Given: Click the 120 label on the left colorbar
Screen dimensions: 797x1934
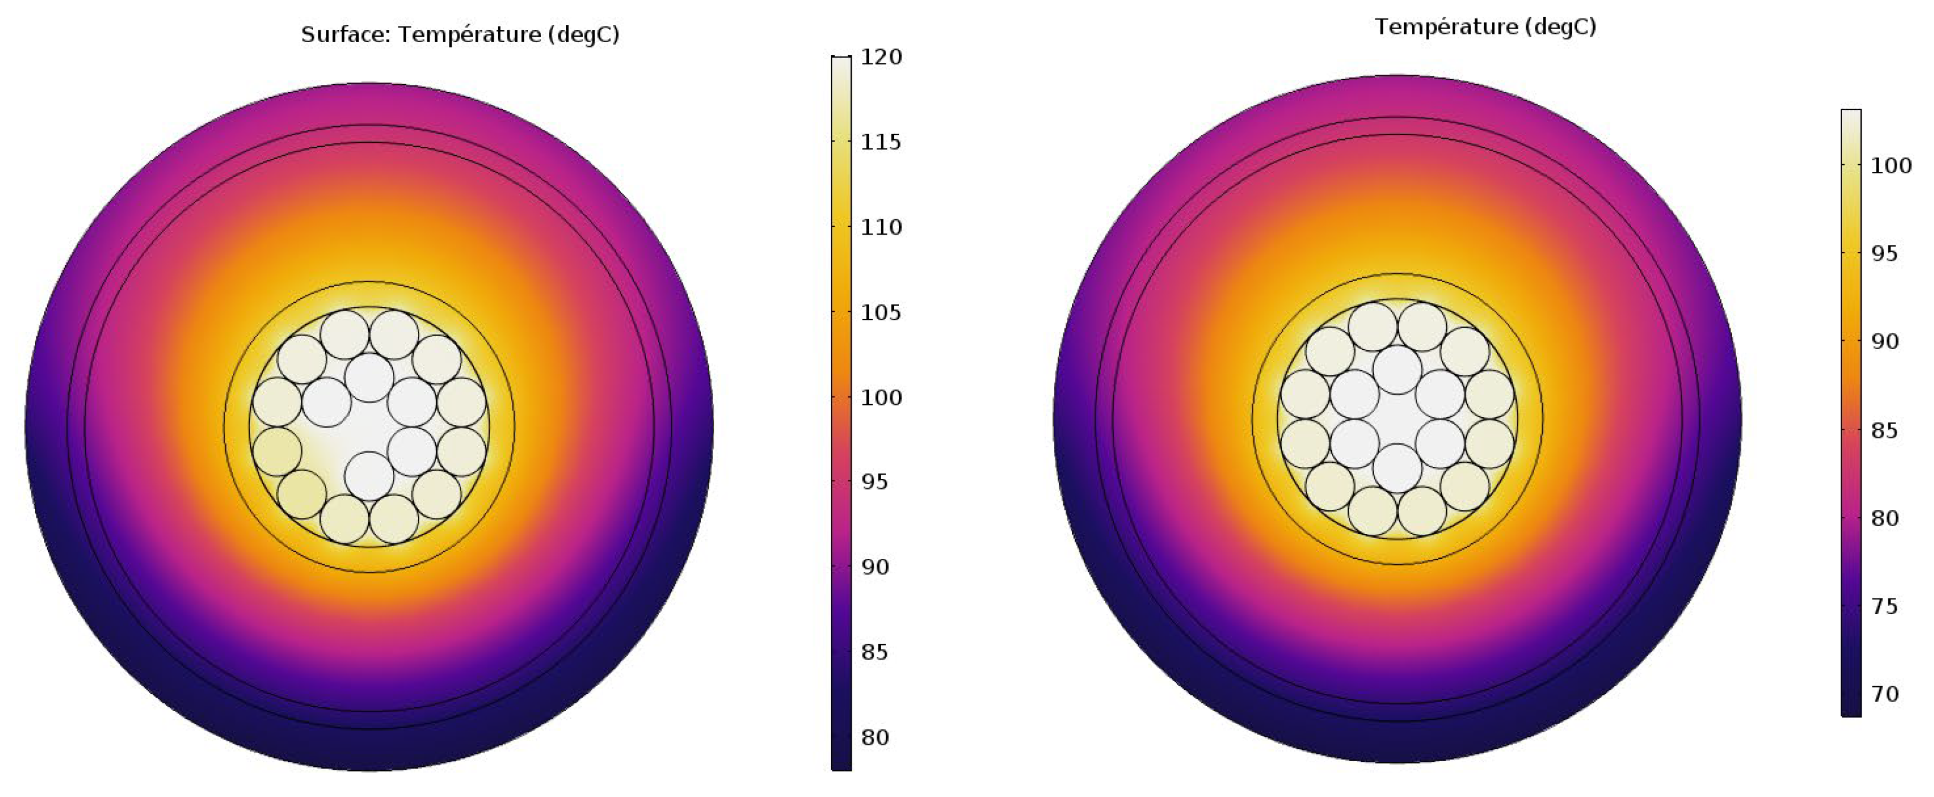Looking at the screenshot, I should pyautogui.click(x=881, y=57).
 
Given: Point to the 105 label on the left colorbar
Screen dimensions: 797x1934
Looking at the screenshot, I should pyautogui.click(x=881, y=312).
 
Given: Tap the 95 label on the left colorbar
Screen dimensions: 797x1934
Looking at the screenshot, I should pyautogui.click(x=875, y=482).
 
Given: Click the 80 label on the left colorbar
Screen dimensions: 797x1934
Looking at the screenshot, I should pyautogui.click(x=875, y=737).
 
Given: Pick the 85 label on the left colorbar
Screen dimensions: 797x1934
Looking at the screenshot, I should pyautogui.click(x=875, y=652).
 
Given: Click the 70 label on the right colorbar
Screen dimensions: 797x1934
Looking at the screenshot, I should pyautogui.click(x=1884, y=694).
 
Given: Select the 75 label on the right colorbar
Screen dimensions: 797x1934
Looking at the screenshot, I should pyautogui.click(x=1884, y=606).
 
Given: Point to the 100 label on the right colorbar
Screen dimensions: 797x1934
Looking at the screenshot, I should pyautogui.click(x=1891, y=166).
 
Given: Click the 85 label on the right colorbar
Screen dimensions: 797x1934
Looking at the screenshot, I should pyautogui.click(x=1884, y=431).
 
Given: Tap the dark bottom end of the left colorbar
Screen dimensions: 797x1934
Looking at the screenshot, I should pyautogui.click(x=841, y=764).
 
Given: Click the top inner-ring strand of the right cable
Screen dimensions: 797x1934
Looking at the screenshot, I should pyautogui.click(x=1397, y=369).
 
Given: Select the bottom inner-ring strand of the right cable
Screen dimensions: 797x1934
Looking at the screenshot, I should pyautogui.click(x=1397, y=468).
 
